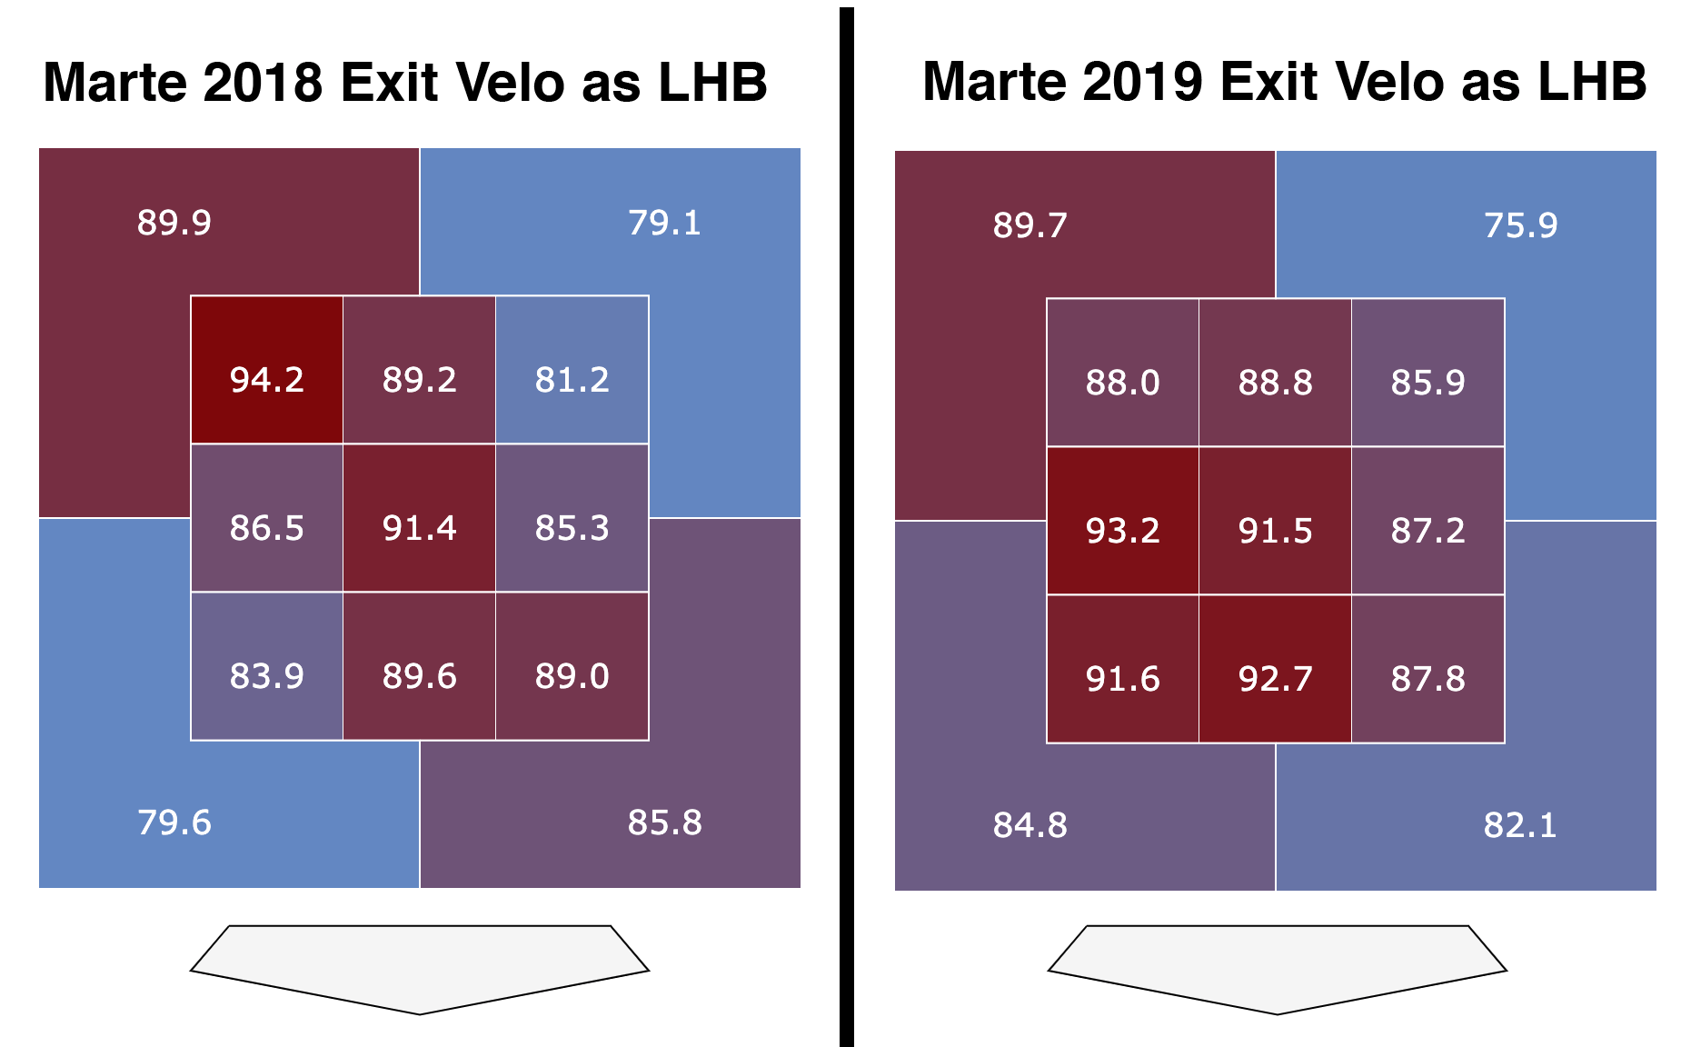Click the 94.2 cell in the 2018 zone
(266, 379)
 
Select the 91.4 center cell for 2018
(419, 527)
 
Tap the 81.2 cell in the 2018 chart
(572, 379)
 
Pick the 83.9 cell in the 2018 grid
(266, 675)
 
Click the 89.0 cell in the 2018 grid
(572, 675)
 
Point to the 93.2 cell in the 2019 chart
(1122, 530)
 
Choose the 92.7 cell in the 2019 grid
(1275, 678)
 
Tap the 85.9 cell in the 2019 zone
(1427, 382)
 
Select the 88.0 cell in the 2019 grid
(1122, 382)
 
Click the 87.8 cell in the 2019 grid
(1427, 678)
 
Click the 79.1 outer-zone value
(664, 223)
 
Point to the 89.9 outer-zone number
(174, 223)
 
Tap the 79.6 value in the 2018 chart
(174, 823)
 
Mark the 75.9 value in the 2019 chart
(1520, 225)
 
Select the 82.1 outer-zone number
(1520, 825)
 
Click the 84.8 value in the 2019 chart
(1030, 825)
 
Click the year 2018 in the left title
(263, 83)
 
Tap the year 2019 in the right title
(1142, 82)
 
